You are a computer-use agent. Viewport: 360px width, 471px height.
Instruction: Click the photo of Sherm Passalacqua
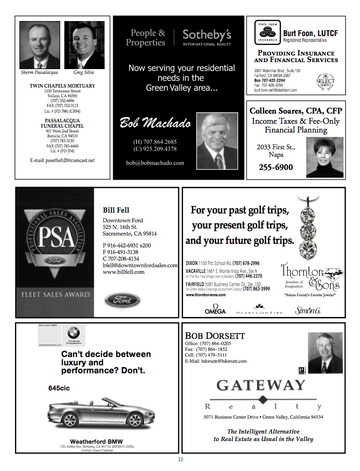click(x=40, y=45)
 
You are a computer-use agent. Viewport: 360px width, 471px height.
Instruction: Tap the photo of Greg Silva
click(x=84, y=45)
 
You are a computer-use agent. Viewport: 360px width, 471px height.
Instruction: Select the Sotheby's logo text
click(x=206, y=35)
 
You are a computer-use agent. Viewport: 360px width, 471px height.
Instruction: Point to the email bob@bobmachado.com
click(x=155, y=163)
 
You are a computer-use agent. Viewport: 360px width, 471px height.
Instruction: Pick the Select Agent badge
click(x=325, y=82)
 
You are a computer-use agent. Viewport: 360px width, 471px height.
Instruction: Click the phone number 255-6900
click(x=276, y=167)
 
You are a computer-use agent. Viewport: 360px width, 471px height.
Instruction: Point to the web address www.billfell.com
click(x=123, y=272)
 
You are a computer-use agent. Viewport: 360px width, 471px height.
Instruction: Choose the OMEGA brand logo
click(x=215, y=310)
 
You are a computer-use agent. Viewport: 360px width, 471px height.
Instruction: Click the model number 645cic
click(x=59, y=388)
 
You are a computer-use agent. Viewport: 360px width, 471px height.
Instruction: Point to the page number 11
click(x=180, y=460)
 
